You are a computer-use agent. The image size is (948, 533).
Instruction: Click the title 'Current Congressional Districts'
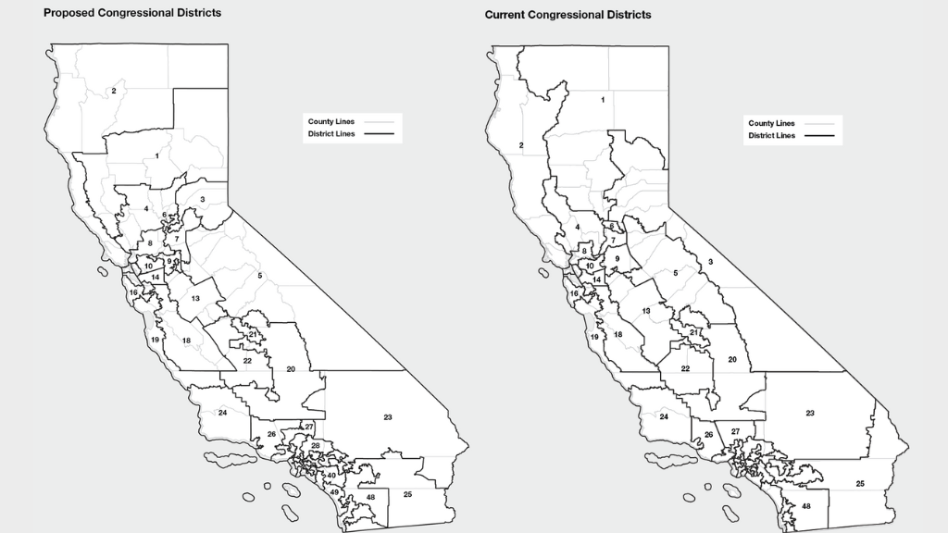(568, 15)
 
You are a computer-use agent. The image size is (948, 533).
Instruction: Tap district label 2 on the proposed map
(114, 91)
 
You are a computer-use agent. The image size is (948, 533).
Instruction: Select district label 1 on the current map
(604, 99)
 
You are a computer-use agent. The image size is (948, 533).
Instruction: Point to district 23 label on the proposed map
(388, 417)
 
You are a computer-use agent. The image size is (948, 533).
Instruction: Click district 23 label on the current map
(810, 413)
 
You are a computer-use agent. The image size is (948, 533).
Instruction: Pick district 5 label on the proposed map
(260, 276)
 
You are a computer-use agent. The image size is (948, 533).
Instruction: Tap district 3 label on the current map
(710, 263)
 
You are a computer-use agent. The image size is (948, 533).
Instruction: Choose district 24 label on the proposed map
(222, 412)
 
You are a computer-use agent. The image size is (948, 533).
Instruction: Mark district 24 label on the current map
(664, 417)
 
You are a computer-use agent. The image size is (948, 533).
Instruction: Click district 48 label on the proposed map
(370, 498)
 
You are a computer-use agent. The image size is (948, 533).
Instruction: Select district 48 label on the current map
(806, 506)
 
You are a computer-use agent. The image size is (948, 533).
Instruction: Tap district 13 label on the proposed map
(196, 298)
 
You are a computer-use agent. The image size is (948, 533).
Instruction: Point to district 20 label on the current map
(731, 359)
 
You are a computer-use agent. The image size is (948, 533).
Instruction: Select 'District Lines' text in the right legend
(771, 136)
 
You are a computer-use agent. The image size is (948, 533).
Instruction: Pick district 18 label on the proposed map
(186, 341)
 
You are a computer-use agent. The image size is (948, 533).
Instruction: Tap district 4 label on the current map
(577, 227)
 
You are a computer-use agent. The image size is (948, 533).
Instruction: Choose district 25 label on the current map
(860, 484)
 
